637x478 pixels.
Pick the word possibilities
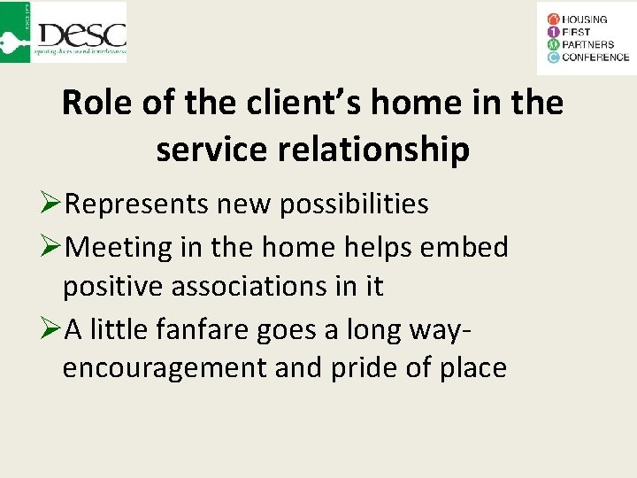coord(354,204)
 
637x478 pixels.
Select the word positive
coord(115,286)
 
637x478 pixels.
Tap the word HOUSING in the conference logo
coord(584,19)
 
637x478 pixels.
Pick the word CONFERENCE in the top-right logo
coord(595,58)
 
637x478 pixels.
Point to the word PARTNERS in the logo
coord(588,44)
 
